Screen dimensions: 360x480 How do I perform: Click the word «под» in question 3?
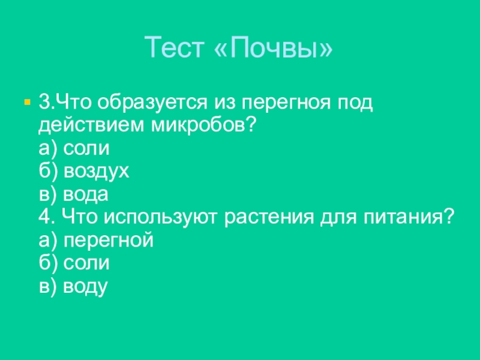(x=355, y=103)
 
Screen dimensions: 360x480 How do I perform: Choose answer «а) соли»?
(x=73, y=148)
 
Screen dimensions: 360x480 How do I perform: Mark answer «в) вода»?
(x=73, y=194)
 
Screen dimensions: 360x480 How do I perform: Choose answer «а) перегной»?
(x=95, y=240)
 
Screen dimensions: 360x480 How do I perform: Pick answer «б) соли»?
(x=73, y=263)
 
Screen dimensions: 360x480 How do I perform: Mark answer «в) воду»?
(x=72, y=286)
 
